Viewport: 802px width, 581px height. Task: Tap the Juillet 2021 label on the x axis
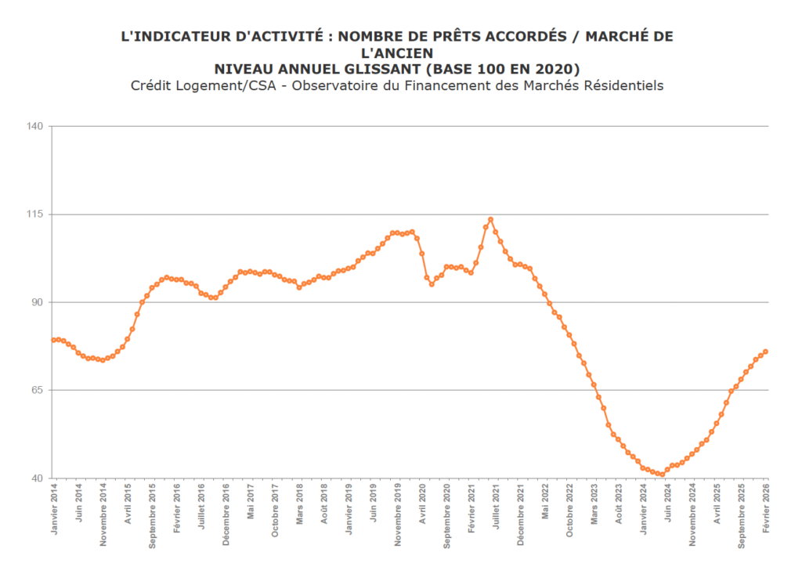497,509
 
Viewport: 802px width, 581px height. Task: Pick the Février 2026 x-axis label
767,510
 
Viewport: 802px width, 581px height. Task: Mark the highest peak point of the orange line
490,219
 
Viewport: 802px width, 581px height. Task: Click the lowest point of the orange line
662,475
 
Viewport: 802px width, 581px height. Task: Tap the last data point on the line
765,352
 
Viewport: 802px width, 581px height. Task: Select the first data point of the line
53,340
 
